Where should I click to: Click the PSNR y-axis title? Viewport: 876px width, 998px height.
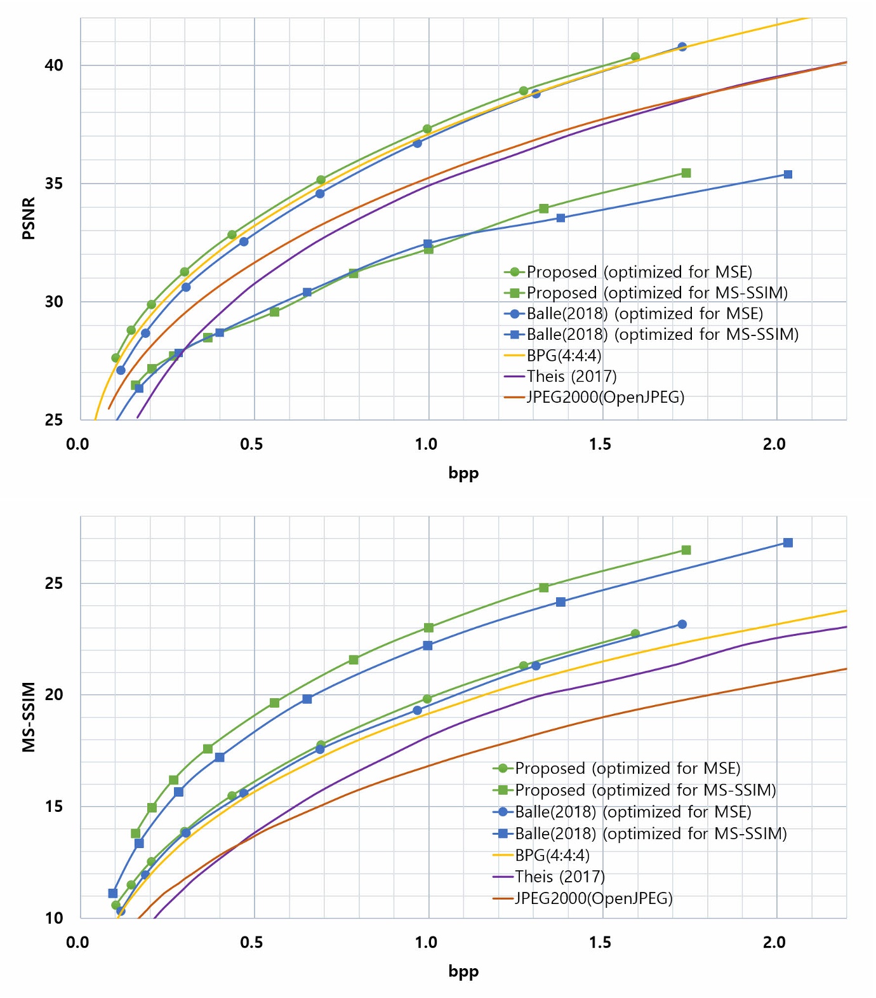[x=29, y=219]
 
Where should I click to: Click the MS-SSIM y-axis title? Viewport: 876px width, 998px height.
[x=29, y=717]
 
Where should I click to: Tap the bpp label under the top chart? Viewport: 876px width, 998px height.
[x=463, y=473]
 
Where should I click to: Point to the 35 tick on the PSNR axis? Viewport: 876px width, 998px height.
[x=54, y=184]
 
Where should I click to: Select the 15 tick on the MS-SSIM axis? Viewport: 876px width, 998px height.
[x=54, y=806]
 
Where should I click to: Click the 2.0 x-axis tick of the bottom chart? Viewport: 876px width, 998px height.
[x=774, y=942]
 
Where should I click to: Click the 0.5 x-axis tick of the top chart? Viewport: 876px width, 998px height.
[x=251, y=444]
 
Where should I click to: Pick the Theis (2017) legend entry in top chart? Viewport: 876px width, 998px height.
[x=571, y=377]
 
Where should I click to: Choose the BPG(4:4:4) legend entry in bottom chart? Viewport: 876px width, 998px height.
[x=552, y=855]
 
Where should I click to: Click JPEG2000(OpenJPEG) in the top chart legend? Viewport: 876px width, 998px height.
[x=605, y=398]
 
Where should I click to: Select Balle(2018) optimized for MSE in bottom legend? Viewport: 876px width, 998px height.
[x=632, y=812]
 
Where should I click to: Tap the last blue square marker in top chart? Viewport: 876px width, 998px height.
[x=788, y=174]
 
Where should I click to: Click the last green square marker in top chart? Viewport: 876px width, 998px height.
[x=686, y=173]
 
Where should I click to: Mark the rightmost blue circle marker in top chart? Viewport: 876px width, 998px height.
[x=682, y=47]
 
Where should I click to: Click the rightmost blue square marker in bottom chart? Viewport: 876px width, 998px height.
[x=788, y=543]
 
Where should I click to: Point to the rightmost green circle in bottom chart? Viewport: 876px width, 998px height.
[x=635, y=633]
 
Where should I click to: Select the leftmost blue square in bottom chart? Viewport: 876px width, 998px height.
[x=113, y=893]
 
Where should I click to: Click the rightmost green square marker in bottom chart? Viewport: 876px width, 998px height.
[x=686, y=550]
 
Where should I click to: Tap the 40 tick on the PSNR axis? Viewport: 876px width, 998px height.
[x=54, y=65]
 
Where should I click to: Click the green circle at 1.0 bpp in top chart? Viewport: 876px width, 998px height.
[x=427, y=129]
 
